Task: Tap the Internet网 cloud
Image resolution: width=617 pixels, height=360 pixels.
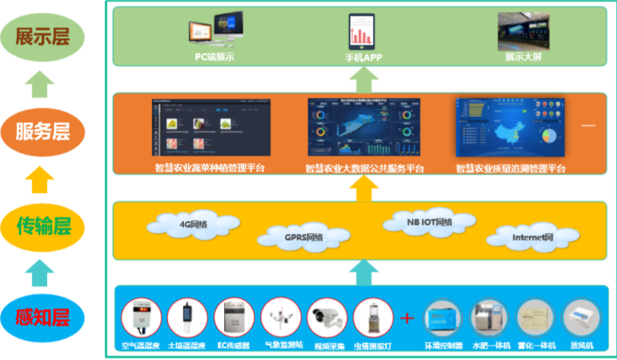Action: point(532,237)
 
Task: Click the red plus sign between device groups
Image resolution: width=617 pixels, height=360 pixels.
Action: point(408,318)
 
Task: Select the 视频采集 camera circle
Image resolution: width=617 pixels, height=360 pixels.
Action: point(327,318)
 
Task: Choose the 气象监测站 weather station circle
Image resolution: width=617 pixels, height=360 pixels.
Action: point(281,318)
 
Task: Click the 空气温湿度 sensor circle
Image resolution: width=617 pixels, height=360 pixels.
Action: point(141,318)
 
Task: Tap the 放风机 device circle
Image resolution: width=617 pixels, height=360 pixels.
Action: point(582,318)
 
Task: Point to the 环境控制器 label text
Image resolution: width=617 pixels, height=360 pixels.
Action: point(444,345)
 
